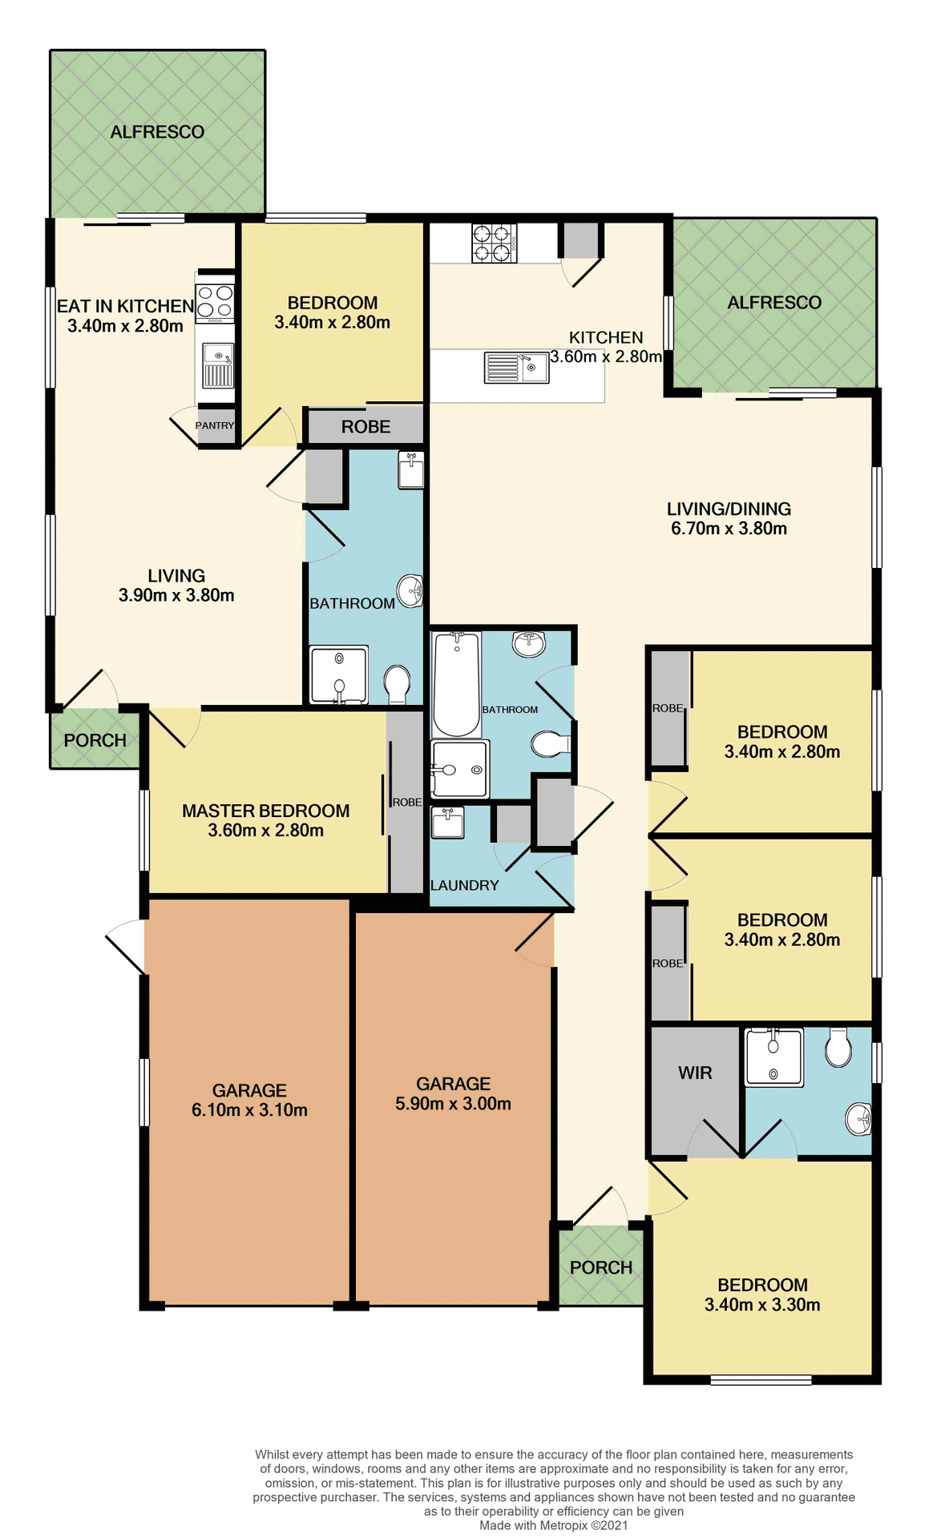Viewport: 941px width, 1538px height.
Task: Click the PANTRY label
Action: [x=215, y=425]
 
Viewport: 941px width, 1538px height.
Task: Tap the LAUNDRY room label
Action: [x=464, y=885]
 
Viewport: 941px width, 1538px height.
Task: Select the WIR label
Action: [x=694, y=1073]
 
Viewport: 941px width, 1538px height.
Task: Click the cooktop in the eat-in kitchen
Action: [x=215, y=302]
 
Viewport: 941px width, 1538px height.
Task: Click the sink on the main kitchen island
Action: [x=516, y=368]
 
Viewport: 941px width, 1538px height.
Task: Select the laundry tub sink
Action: [x=447, y=823]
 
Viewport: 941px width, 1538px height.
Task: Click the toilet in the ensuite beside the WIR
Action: [x=838, y=1048]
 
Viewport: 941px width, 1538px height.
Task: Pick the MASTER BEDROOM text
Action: [x=265, y=811]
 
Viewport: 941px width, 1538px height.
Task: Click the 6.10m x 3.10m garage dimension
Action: [x=249, y=1110]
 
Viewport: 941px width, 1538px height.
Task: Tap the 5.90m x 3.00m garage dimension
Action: [x=453, y=1104]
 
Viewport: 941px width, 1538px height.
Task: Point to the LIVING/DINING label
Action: [x=729, y=509]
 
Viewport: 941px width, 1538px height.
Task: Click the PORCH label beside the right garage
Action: [x=601, y=1267]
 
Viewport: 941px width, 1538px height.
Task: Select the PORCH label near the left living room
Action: [x=95, y=740]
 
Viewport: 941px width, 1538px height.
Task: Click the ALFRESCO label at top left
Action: [x=157, y=132]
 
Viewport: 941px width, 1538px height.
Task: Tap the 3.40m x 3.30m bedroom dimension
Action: [x=761, y=1305]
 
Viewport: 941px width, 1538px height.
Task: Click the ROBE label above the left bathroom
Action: [x=365, y=427]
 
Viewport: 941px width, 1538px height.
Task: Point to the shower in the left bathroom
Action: [x=339, y=675]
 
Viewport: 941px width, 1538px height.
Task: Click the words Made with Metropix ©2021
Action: [x=553, y=1525]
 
